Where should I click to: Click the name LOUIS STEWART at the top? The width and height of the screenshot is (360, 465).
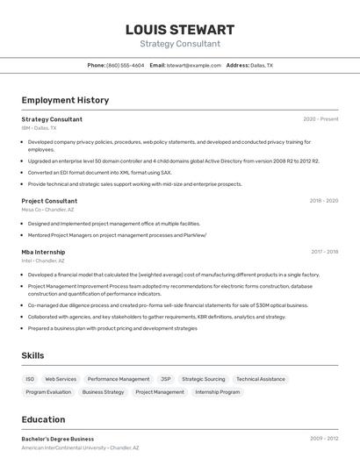tap(180, 30)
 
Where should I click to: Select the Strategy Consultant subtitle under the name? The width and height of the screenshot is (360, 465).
tap(180, 44)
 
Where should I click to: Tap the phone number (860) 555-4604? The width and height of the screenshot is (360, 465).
tap(126, 65)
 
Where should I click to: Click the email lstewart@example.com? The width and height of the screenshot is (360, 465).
tap(194, 65)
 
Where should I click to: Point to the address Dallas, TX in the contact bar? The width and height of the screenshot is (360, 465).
tap(262, 65)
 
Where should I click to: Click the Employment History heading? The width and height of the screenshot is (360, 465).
tap(65, 100)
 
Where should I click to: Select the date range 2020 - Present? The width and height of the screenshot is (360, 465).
tap(320, 119)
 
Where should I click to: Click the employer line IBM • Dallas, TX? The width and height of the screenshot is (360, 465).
tap(39, 128)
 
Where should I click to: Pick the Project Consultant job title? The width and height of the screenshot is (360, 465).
tap(49, 201)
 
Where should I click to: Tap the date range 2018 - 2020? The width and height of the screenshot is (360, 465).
tap(323, 201)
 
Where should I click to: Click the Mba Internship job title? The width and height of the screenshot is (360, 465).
tap(43, 252)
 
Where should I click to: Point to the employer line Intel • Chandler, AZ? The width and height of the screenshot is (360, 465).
tap(43, 261)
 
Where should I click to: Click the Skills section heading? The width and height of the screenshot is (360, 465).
tap(32, 355)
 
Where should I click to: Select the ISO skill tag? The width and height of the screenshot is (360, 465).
tap(30, 379)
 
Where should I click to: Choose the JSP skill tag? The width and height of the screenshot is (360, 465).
tap(165, 379)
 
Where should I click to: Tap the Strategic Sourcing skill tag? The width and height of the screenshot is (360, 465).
tap(203, 379)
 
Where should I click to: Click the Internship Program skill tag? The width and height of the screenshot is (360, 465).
tap(217, 392)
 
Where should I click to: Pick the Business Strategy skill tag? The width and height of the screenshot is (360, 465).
tap(103, 392)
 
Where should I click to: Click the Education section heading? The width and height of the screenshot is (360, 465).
tap(43, 419)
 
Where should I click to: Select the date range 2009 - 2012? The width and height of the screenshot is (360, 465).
tap(323, 439)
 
